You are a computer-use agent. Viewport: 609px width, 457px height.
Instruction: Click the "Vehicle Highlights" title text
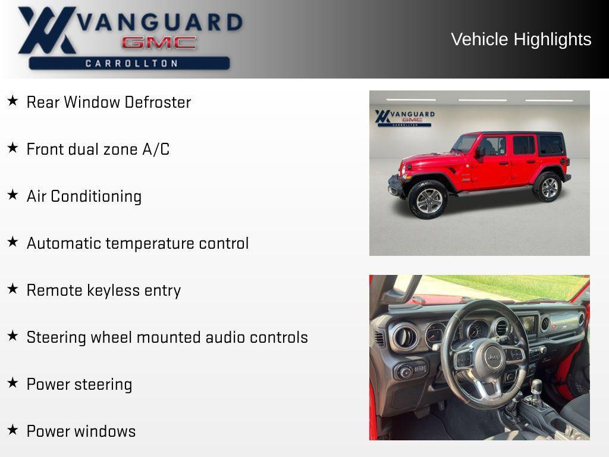[521, 39]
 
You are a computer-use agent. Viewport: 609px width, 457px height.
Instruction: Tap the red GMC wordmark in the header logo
[159, 43]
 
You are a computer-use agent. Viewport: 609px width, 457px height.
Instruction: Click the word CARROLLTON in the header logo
[131, 63]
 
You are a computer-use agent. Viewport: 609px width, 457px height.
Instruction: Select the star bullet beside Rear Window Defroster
[12, 101]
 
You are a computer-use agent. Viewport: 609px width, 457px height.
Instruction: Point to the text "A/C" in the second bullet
[156, 149]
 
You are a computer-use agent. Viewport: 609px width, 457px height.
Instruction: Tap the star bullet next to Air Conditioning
[12, 195]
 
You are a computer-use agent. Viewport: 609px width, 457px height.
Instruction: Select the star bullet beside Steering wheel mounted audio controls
[12, 336]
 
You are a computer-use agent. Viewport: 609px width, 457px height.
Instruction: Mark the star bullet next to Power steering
[12, 383]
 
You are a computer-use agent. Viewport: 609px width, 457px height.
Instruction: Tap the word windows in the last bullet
[108, 431]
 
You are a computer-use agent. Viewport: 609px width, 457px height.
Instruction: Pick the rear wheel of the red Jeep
[548, 187]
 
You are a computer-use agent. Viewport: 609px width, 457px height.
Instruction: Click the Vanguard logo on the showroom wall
[404, 118]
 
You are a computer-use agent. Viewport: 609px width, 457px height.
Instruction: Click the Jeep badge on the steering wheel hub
[493, 356]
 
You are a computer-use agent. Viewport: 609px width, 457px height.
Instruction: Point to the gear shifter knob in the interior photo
[536, 386]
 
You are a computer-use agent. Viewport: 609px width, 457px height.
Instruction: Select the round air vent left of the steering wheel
[404, 337]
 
